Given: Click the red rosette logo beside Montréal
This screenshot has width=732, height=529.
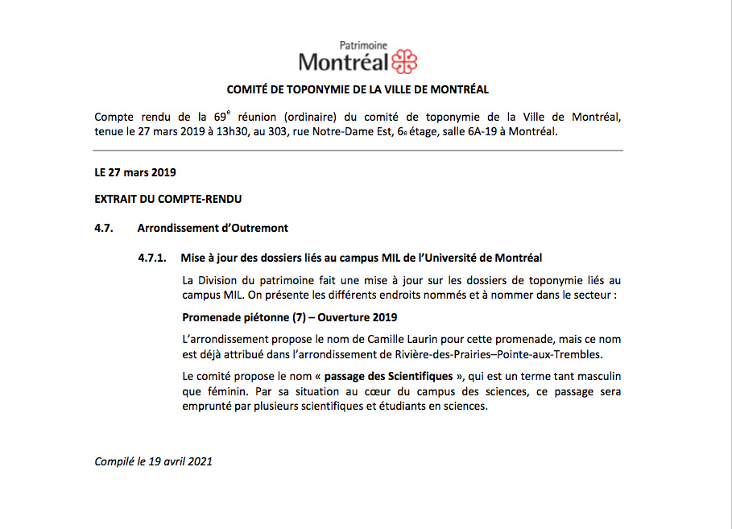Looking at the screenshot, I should [x=404, y=61].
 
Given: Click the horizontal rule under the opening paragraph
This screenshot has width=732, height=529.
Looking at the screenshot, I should [x=358, y=151].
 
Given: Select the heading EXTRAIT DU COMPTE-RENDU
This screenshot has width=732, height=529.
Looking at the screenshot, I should [x=168, y=199].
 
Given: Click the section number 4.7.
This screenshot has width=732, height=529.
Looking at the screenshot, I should [x=103, y=228].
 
